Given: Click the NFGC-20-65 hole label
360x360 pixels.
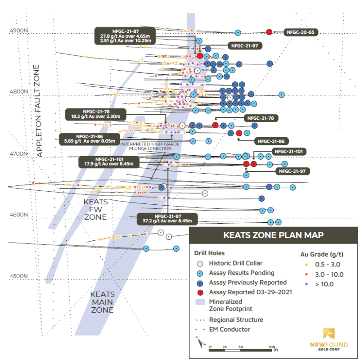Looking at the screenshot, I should (301, 32).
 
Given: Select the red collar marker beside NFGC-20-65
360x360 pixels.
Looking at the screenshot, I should (269, 32).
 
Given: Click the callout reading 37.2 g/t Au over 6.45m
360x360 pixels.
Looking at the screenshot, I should (167, 220).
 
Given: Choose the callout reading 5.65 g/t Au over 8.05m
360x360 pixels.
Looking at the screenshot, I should (90, 139).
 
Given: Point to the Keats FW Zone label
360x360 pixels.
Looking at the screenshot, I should (95, 209).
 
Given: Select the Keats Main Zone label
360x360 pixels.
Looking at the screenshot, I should (102, 301).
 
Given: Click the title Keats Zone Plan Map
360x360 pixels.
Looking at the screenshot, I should (273, 235).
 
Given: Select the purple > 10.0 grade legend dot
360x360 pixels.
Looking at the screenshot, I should (306, 283).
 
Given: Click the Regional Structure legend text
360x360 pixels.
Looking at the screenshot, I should (236, 319).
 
